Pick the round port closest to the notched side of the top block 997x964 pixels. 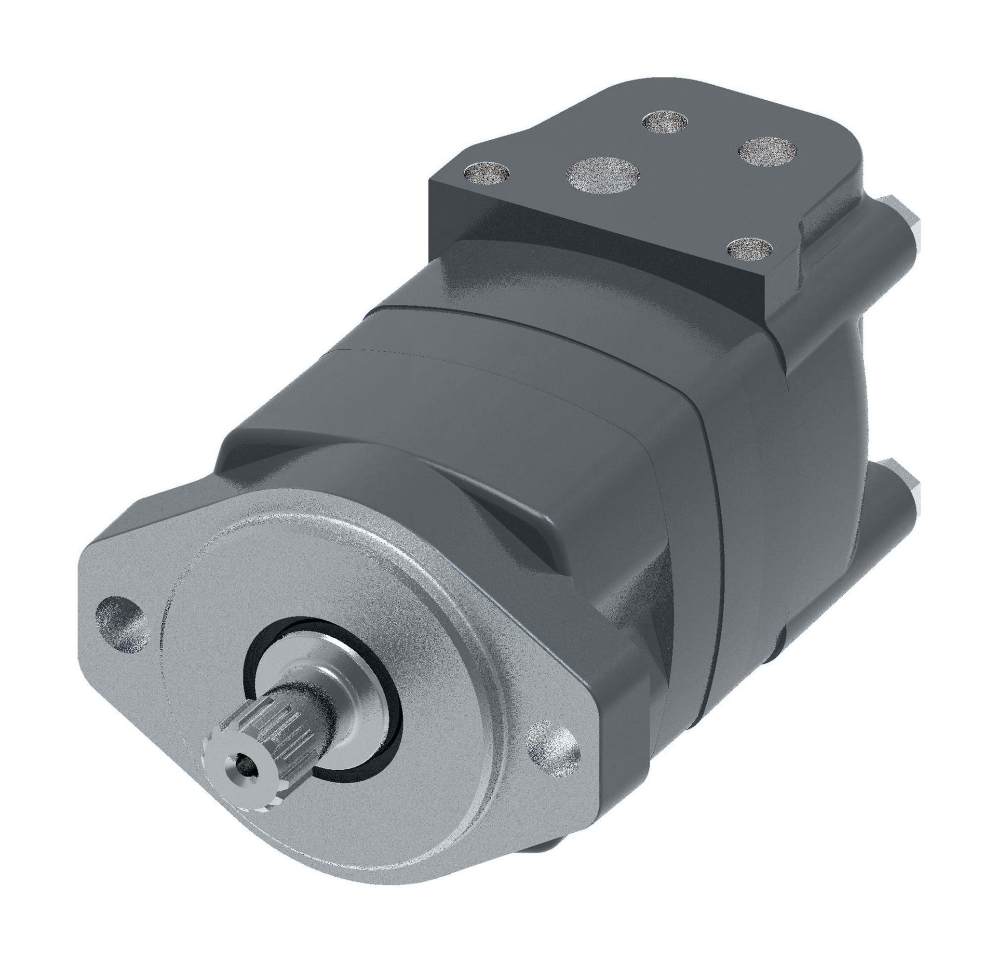pyautogui.click(x=766, y=152)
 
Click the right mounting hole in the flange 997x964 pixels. pyautogui.click(x=552, y=752)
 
